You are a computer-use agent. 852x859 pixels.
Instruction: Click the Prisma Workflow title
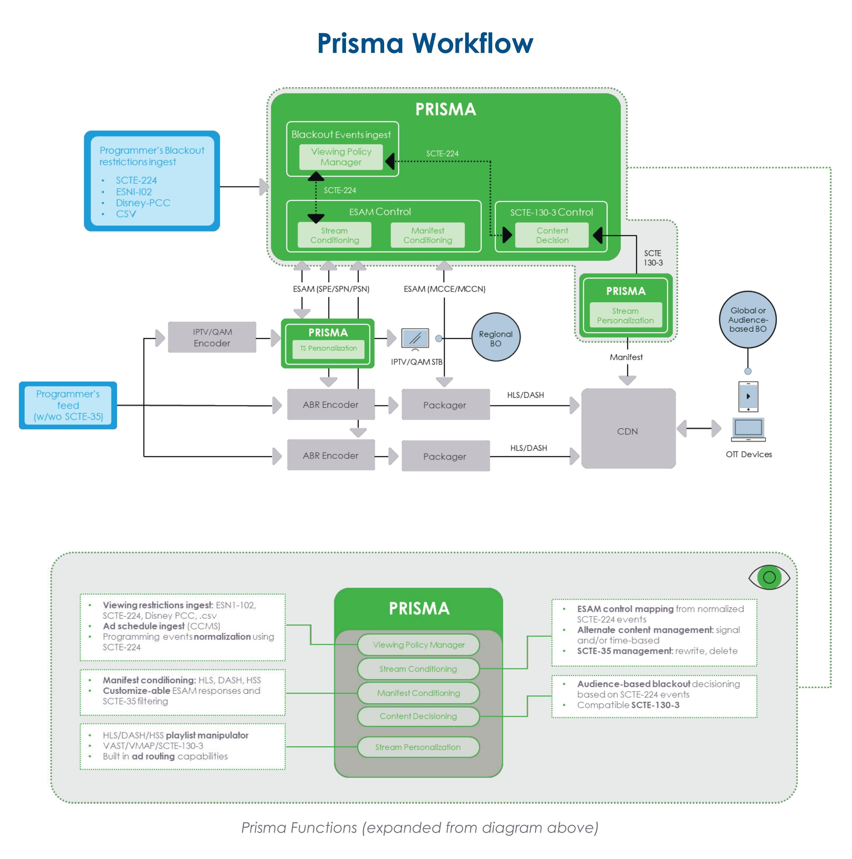tap(425, 43)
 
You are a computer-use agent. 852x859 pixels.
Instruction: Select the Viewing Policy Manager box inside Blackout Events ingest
tap(341, 157)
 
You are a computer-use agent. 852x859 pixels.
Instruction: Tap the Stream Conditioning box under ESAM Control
tap(334, 235)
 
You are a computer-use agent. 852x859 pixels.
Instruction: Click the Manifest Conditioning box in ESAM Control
tap(427, 235)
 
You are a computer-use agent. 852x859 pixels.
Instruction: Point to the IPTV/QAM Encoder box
tap(212, 338)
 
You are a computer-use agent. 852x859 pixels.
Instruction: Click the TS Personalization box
tap(328, 349)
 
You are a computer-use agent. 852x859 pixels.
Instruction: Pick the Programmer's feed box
tap(68, 405)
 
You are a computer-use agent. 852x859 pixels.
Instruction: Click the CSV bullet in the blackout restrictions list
tap(126, 214)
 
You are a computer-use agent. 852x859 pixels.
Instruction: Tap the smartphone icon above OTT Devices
tap(748, 396)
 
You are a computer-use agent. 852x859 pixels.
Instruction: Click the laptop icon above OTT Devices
tap(748, 429)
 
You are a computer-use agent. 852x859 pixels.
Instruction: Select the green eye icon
tap(769, 577)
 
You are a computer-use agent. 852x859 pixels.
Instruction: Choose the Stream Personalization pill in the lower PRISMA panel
tap(418, 747)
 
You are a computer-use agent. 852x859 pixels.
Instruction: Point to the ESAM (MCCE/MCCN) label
tap(444, 289)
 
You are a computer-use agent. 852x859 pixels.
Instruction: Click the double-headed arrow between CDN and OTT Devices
tap(699, 429)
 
